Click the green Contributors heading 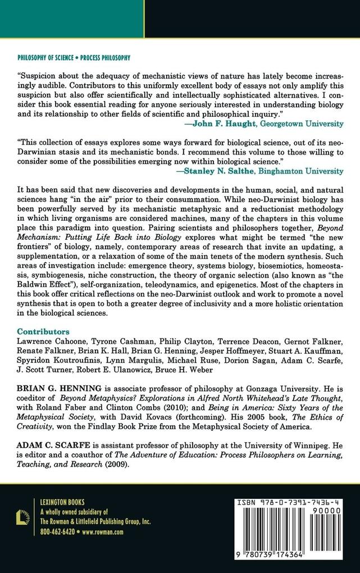pos(43,331)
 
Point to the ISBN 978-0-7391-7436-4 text pos(293,506)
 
